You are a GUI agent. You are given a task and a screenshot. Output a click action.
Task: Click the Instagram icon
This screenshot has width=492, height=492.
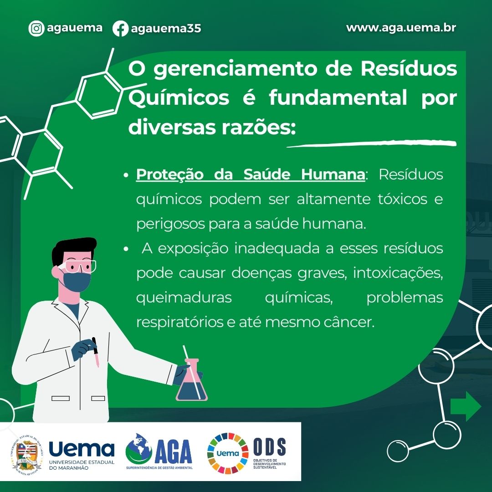pyautogui.click(x=36, y=28)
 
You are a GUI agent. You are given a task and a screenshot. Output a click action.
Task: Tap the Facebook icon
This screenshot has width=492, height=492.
pyautogui.click(x=120, y=29)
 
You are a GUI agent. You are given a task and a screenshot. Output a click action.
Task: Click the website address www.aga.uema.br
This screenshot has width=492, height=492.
pyautogui.click(x=401, y=28)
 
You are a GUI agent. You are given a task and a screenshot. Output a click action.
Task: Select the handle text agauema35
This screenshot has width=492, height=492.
pyautogui.click(x=166, y=29)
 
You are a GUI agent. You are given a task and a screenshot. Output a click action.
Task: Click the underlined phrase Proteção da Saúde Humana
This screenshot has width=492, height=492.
pyautogui.click(x=251, y=174)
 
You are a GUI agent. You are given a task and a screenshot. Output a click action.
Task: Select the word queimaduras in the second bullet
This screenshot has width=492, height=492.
pyautogui.click(x=184, y=297)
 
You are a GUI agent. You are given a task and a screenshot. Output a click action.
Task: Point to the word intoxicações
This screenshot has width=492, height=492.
pyautogui.click(x=398, y=273)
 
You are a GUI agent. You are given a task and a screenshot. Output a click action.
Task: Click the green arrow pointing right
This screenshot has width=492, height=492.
pyautogui.click(x=466, y=406)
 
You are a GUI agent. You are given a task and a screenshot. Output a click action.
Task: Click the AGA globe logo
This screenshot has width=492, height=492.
pyautogui.click(x=138, y=449)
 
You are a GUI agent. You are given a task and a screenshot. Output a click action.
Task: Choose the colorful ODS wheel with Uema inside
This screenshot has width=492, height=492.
pyautogui.click(x=228, y=453)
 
